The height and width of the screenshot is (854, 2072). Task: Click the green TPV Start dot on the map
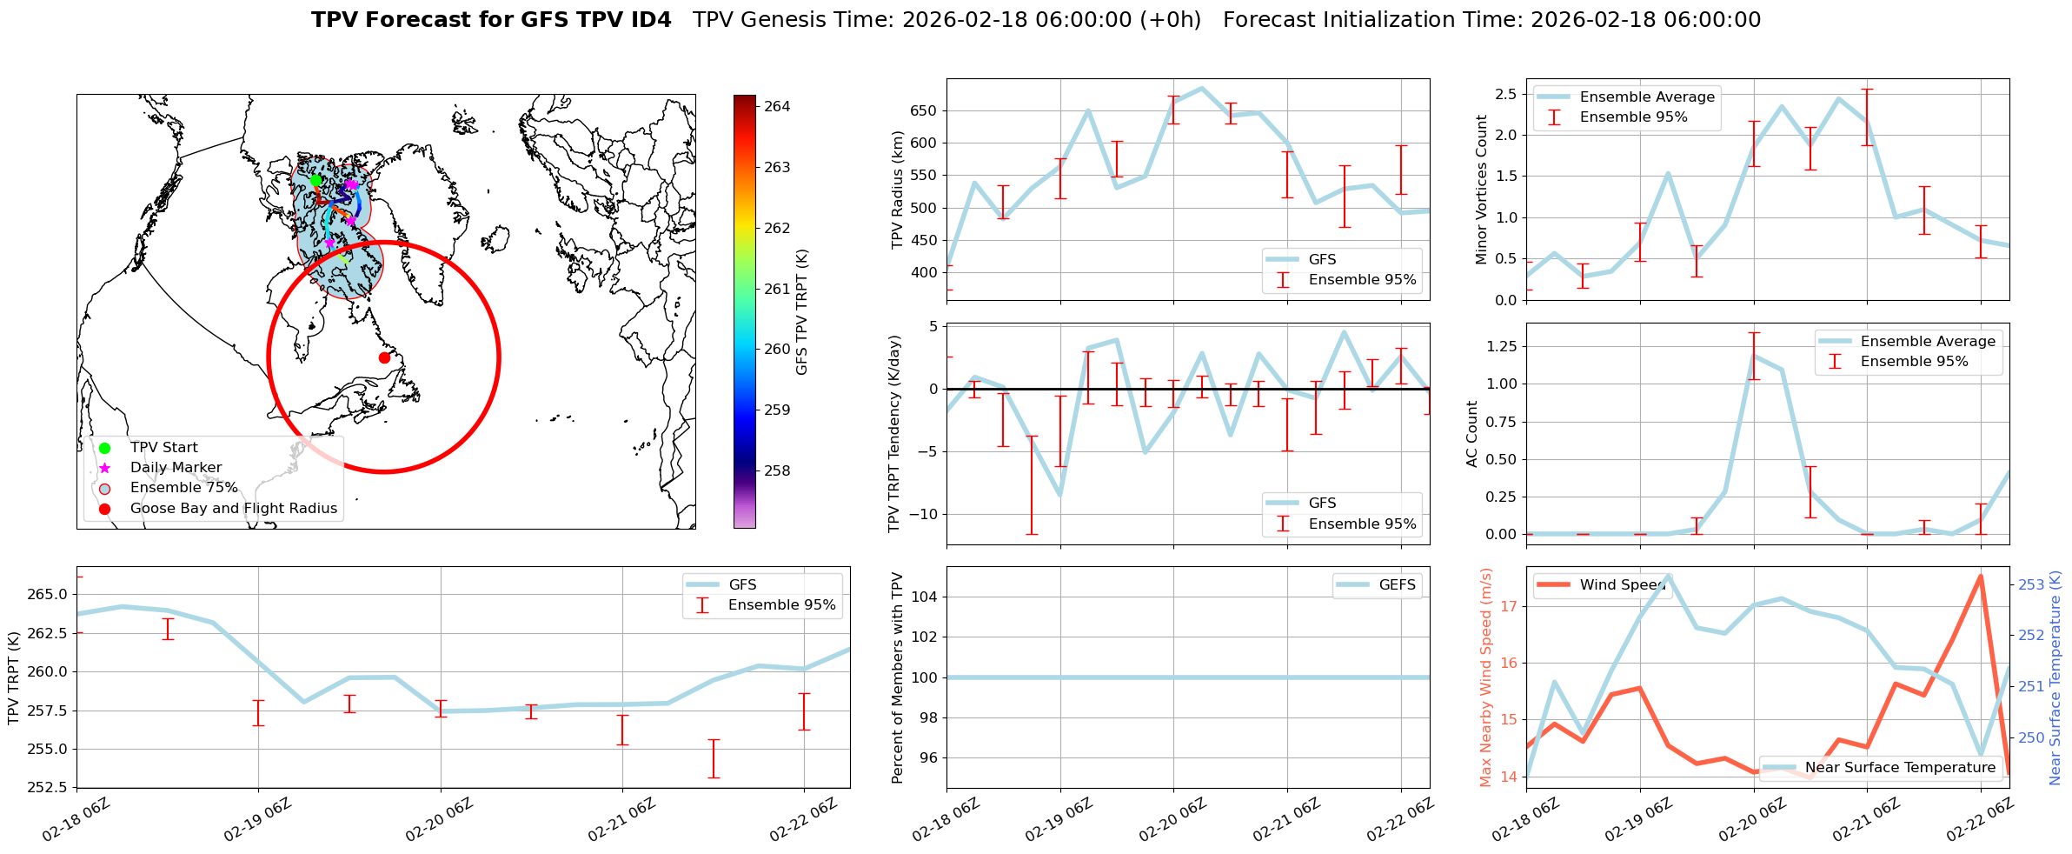coord(315,180)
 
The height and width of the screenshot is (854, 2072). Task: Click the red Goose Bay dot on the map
coord(384,357)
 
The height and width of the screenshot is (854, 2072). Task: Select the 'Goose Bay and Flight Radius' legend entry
coord(233,509)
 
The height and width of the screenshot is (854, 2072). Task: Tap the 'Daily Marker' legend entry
coord(176,468)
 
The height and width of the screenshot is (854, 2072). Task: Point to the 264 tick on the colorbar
coord(777,106)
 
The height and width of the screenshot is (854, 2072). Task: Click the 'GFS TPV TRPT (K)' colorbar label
coord(801,312)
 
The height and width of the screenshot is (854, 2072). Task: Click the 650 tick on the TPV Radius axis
coord(924,110)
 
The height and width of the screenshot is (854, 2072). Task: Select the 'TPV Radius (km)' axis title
coord(898,190)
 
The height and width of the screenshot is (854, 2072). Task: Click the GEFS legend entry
coord(1397,585)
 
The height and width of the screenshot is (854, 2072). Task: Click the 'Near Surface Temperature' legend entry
coord(1900,768)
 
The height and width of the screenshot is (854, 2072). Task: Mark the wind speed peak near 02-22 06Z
coord(1981,576)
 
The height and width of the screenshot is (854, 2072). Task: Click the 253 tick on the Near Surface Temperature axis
coord(2031,584)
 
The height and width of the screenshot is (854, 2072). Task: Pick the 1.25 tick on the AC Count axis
coord(1501,346)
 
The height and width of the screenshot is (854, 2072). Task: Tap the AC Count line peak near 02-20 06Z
coord(1754,355)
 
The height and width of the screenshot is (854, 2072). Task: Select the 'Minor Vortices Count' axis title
coord(1482,190)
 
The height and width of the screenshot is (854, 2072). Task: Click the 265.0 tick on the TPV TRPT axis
coord(50,595)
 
